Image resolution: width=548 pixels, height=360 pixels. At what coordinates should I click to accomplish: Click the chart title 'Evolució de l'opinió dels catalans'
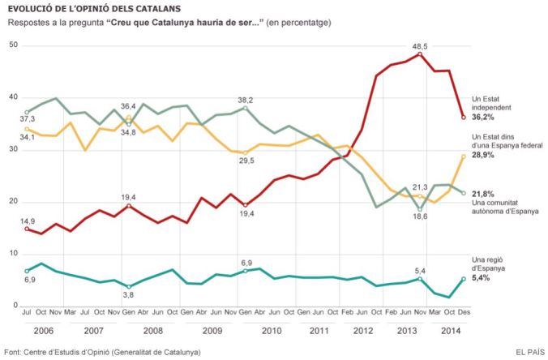(95, 8)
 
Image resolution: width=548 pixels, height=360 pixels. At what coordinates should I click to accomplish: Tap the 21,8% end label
(484, 192)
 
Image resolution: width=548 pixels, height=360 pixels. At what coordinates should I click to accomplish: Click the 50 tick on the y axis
(13, 45)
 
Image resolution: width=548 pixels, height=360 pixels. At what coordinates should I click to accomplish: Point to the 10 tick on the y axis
(13, 254)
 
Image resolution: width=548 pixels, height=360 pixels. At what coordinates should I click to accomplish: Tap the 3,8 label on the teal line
(129, 296)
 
